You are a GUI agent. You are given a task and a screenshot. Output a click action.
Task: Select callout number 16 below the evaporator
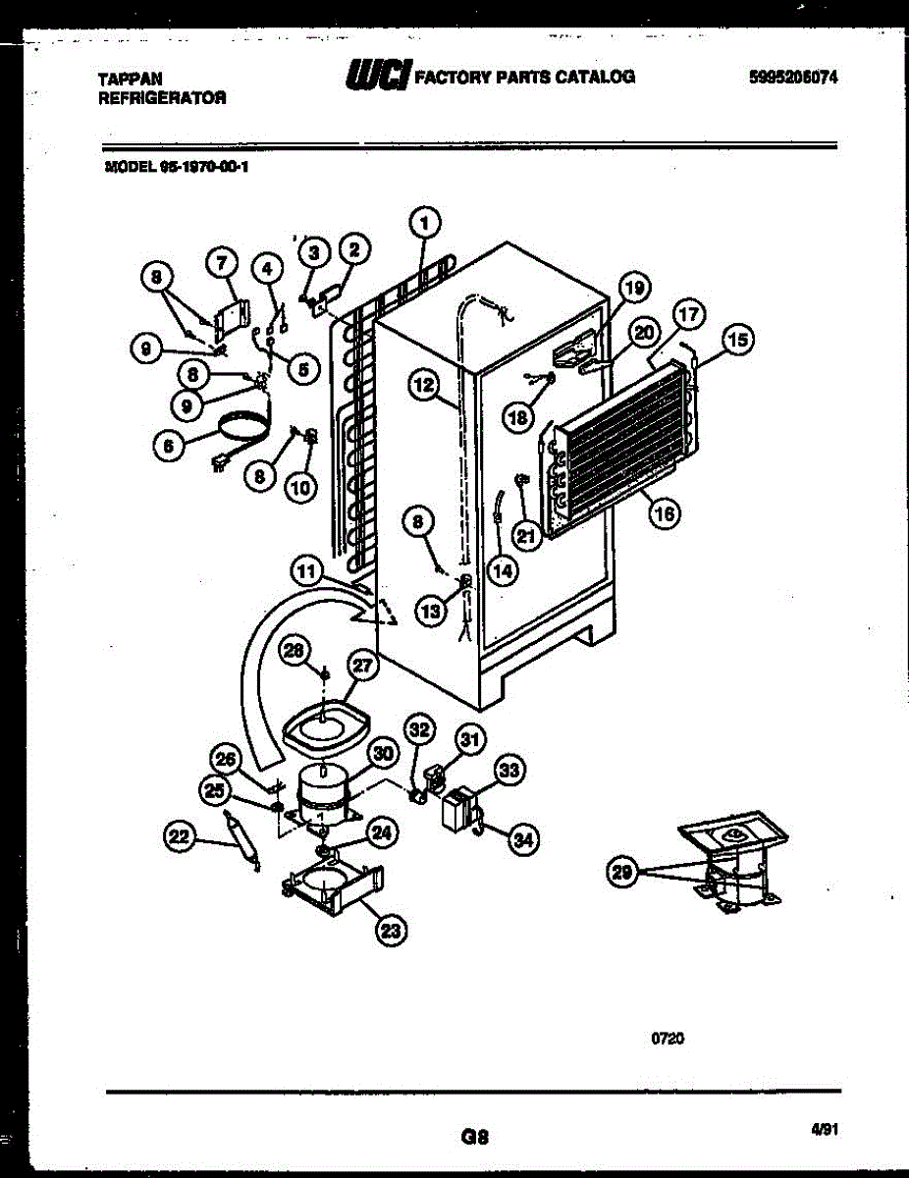(x=665, y=511)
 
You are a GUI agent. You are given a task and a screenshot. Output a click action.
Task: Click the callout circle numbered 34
(x=524, y=838)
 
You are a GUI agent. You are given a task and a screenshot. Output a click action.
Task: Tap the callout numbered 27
(x=363, y=667)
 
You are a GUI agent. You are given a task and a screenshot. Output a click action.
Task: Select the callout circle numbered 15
(x=737, y=341)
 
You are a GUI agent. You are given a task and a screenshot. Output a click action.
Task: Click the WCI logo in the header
(x=374, y=77)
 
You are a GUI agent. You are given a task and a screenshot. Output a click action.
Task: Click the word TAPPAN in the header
(x=130, y=78)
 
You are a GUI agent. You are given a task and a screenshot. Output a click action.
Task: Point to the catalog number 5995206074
(x=792, y=78)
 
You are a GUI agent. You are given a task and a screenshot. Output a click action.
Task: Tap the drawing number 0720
(x=667, y=1038)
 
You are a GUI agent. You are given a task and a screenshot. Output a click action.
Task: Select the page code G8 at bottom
(x=473, y=1138)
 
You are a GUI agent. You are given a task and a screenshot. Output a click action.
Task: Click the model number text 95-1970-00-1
(x=205, y=167)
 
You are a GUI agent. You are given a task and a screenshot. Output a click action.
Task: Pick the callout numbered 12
(x=423, y=387)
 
